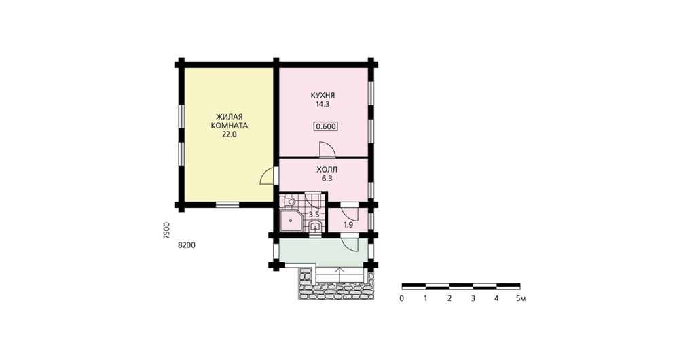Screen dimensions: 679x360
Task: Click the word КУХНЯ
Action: point(323,95)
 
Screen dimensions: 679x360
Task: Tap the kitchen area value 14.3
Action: point(323,105)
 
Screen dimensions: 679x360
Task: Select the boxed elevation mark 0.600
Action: point(326,126)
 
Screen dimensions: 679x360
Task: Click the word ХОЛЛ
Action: point(327,169)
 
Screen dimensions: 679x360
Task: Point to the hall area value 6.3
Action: point(327,178)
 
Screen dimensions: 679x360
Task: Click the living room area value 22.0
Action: point(230,134)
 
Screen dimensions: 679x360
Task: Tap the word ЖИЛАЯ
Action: point(230,117)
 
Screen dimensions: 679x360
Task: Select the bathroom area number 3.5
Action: point(314,215)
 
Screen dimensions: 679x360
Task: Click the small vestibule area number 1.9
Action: point(348,225)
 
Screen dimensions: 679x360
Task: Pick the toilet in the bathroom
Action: point(289,202)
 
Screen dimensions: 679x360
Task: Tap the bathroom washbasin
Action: point(315,226)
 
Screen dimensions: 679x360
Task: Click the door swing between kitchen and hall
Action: point(327,149)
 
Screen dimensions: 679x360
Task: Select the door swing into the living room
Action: point(267,176)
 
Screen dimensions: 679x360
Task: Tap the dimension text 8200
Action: point(187,245)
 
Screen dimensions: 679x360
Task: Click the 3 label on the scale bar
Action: point(473,298)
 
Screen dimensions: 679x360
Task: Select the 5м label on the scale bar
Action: point(521,298)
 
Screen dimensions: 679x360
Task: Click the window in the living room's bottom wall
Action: point(227,204)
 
